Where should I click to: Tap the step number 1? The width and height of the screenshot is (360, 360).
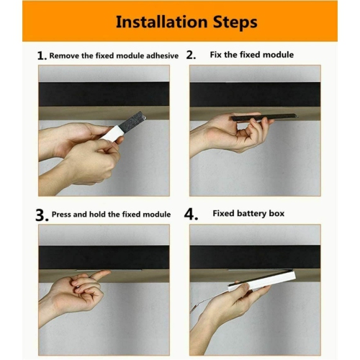(x=41, y=55)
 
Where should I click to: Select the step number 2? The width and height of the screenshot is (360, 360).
(x=191, y=55)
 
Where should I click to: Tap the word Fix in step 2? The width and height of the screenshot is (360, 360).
(x=216, y=55)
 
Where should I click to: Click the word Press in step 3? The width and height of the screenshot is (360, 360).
(x=63, y=215)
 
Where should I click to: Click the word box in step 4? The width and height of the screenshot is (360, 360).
(x=276, y=214)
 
